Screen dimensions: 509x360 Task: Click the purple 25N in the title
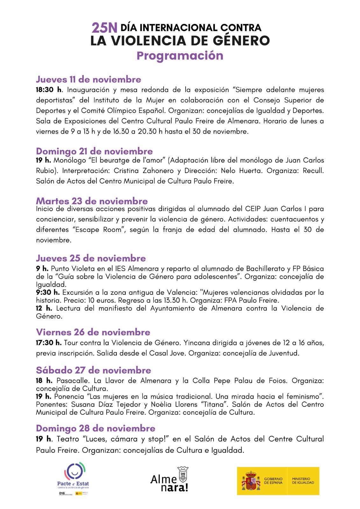point(104,28)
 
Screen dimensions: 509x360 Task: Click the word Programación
point(180,55)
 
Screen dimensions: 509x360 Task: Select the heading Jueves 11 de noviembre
point(88,79)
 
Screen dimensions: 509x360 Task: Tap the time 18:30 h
point(49,90)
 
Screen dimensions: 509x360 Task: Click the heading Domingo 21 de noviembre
point(94,151)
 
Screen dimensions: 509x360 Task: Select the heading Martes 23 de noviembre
point(92,201)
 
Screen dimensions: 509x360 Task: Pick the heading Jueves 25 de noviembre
point(91,258)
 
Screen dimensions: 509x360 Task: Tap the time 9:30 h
point(48,292)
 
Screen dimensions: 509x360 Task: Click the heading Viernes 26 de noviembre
point(93,332)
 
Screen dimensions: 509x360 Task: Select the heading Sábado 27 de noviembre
point(93,370)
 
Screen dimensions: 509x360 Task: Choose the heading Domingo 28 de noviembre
point(95,428)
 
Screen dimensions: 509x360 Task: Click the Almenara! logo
point(169,479)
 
